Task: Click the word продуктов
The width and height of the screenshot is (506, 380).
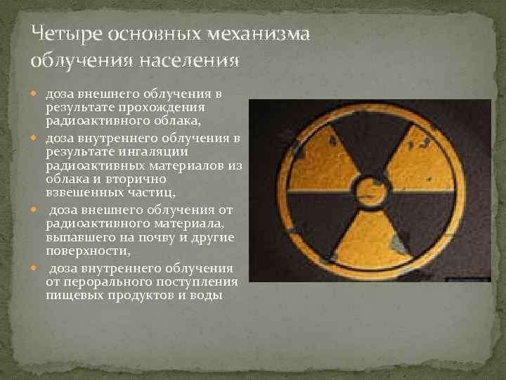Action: tap(138, 295)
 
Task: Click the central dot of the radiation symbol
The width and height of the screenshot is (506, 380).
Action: tap(369, 190)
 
